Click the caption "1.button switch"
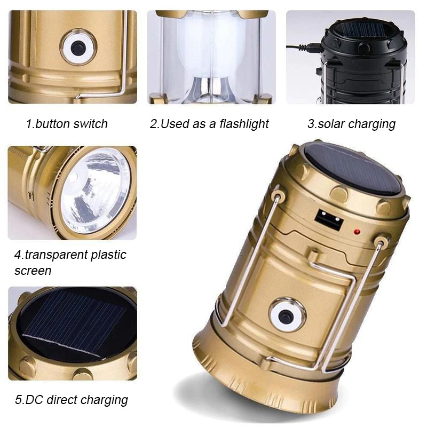tap(67, 124)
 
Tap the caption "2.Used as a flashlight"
tap(209, 124)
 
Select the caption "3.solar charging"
tap(351, 124)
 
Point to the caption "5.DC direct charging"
tap(71, 399)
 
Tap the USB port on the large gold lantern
tap(328, 219)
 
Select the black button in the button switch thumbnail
tap(78, 47)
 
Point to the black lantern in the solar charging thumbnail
tap(363, 64)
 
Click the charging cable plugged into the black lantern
tap(304, 48)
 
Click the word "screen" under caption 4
tap(33, 271)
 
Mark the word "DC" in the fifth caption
tap(33, 399)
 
